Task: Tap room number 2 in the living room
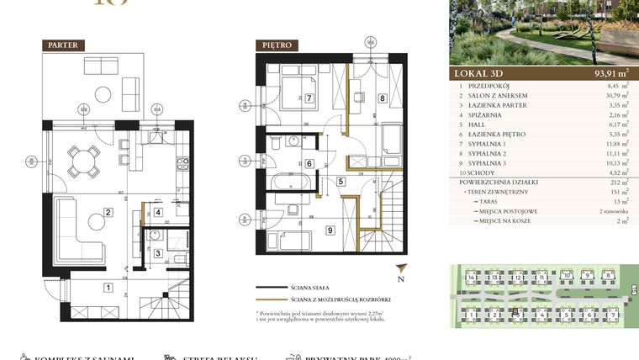pyautogui.click(x=108, y=212)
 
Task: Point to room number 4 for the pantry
pyautogui.click(x=158, y=213)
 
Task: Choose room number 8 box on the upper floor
pyautogui.click(x=382, y=98)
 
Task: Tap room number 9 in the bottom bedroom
pyautogui.click(x=330, y=230)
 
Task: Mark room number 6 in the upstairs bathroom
pyautogui.click(x=309, y=164)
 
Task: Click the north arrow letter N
pyautogui.click(x=402, y=279)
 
